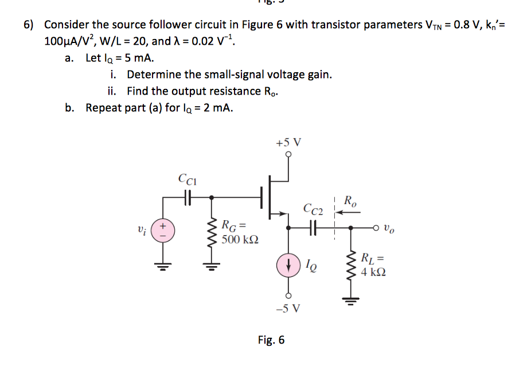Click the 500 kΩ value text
pos(240,239)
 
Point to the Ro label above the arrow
pos(350,201)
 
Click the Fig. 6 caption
pos(271,340)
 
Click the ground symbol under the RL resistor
pos(352,298)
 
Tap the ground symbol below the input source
pos(163,265)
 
